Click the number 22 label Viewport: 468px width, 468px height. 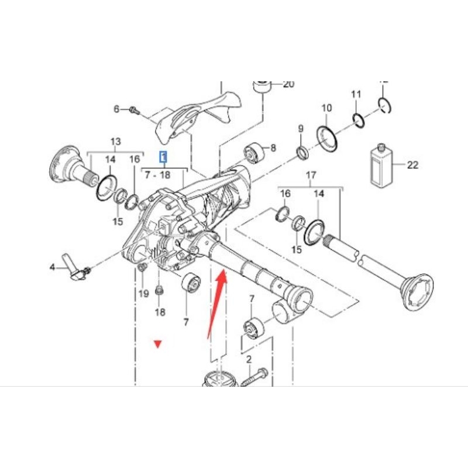coord(412,165)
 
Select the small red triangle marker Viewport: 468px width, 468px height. coord(157,344)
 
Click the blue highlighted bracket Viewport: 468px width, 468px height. coord(164,156)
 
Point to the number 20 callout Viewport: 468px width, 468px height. coord(288,84)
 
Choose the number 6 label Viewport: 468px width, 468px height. coord(116,109)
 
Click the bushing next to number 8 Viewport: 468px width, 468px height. coord(256,153)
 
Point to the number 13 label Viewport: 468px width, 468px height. coord(115,142)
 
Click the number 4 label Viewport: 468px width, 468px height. coord(52,269)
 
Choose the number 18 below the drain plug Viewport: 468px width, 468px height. coord(160,312)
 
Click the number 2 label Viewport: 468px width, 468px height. coord(248,359)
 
